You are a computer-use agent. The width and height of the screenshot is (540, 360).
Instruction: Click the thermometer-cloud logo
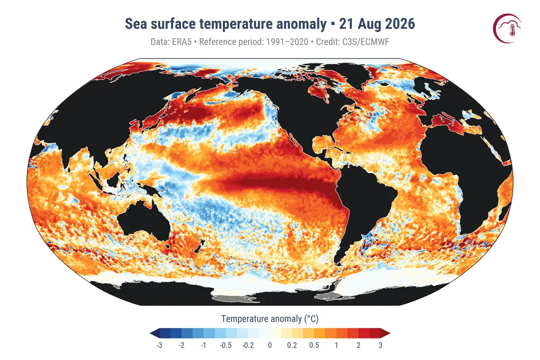pos(507,28)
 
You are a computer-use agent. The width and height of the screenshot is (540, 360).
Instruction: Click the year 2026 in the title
pos(400,24)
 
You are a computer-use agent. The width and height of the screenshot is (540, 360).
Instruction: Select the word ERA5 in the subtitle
pos(181,42)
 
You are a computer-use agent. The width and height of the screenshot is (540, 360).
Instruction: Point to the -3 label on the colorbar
pos(159,345)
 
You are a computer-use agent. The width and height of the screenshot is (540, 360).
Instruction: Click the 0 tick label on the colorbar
pos(270,345)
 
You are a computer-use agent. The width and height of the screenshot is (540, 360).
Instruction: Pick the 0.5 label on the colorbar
pos(314,345)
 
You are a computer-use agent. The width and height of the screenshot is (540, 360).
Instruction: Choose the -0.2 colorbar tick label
pos(248,345)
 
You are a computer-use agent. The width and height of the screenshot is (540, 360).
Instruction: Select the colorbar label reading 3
pos(380,345)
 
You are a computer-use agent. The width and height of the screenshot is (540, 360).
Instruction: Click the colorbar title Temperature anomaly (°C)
pos(270,319)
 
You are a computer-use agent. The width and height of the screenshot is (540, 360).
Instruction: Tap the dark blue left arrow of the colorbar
pos(154,333)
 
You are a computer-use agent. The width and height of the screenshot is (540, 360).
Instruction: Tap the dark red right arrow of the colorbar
pos(385,333)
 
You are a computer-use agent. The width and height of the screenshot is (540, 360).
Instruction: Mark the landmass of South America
pos(362,207)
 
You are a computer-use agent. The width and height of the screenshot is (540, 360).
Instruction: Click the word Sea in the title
pos(136,24)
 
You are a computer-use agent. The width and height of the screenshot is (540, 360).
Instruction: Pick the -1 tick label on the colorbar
pos(203,345)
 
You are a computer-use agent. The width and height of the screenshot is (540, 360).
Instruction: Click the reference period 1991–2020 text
pos(287,42)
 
